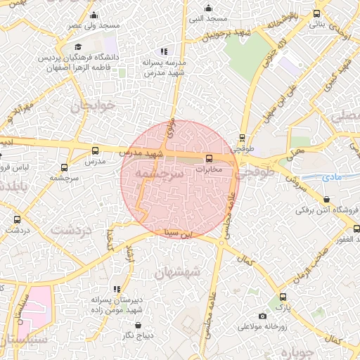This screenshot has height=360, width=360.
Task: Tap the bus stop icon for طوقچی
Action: pyautogui.click(x=243, y=138)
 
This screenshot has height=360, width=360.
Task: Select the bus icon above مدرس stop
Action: pyautogui.click(x=96, y=150)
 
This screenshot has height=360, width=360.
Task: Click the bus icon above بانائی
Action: pyautogui.click(x=316, y=13)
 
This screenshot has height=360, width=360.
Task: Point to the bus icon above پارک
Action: pyautogui.click(x=283, y=297)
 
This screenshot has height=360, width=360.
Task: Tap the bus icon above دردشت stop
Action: pyautogui.click(x=18, y=219)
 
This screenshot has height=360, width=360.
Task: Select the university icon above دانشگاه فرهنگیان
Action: pyautogui.click(x=78, y=46)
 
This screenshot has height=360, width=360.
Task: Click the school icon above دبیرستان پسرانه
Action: pyautogui.click(x=117, y=289)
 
